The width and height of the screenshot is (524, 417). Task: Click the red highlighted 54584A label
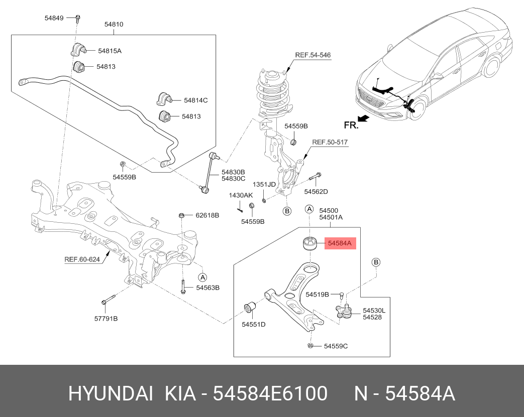click(340, 243)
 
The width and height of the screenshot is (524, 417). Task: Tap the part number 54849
click(54, 18)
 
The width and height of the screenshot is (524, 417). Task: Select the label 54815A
click(110, 51)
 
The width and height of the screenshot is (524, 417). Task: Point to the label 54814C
click(195, 100)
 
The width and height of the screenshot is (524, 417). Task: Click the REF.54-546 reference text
click(312, 55)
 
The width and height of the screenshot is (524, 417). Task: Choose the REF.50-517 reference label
click(330, 143)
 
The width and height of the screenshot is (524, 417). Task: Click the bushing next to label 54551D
click(250, 307)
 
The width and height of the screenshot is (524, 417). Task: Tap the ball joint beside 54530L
click(345, 312)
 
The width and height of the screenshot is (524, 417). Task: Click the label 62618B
click(207, 215)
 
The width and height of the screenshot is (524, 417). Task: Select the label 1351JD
click(264, 184)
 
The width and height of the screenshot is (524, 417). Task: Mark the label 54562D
click(316, 191)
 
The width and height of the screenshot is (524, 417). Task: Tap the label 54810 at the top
click(114, 24)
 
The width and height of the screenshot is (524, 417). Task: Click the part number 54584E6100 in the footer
click(271, 393)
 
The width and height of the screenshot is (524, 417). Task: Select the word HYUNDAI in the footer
click(110, 393)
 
